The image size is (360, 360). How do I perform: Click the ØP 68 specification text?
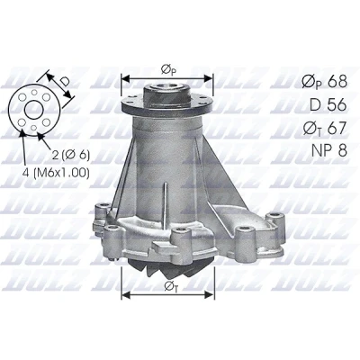tap(325, 81)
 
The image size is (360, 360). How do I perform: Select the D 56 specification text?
tap(328, 104)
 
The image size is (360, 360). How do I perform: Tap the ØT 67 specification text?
tap(325, 128)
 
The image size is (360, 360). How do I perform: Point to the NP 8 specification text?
tap(329, 150)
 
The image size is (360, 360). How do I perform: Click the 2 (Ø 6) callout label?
tap(71, 155)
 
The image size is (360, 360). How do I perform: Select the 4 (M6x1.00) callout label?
tap(56, 173)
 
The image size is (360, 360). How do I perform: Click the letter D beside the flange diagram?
tap(64, 81)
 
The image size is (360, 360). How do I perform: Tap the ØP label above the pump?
tap(168, 70)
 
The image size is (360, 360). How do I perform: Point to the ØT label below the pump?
tap(171, 287)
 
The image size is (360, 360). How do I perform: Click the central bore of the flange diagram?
tap(33, 110)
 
